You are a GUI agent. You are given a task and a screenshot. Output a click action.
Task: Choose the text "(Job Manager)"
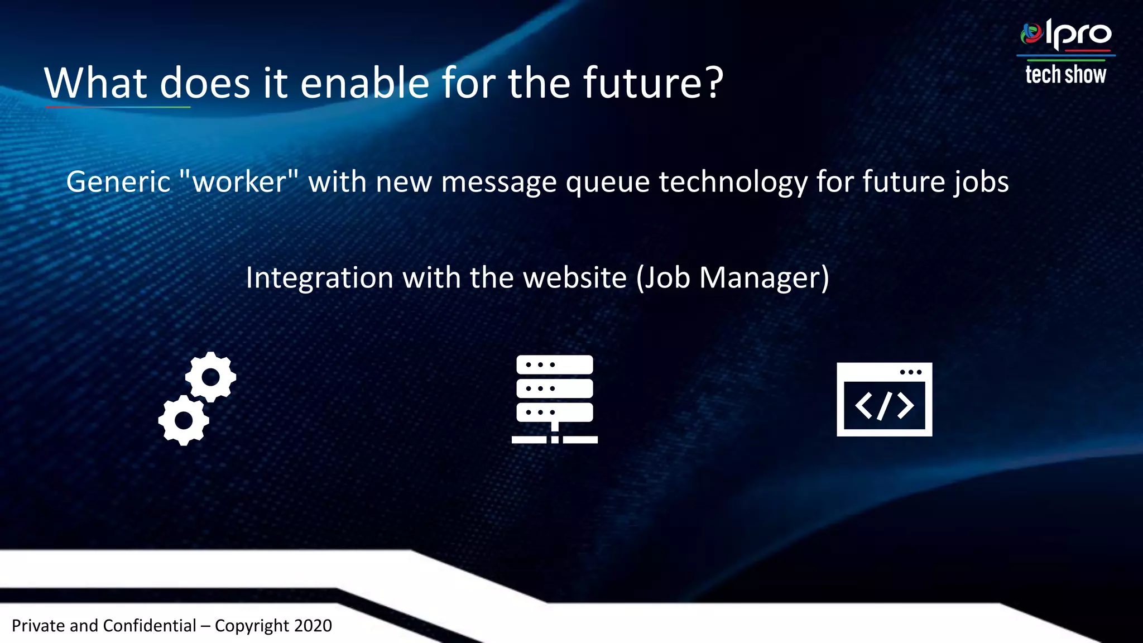tap(733, 278)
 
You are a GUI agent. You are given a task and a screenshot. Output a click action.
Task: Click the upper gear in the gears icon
tap(210, 377)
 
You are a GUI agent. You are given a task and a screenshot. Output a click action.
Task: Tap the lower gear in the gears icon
tap(184, 420)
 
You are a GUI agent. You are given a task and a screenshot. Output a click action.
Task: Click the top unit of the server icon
tap(554, 364)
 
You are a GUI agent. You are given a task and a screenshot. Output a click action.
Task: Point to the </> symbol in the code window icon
tap(884, 405)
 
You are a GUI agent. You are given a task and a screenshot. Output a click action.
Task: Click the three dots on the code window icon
tap(911, 372)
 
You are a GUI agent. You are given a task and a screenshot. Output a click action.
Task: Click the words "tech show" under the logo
tap(1065, 75)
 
